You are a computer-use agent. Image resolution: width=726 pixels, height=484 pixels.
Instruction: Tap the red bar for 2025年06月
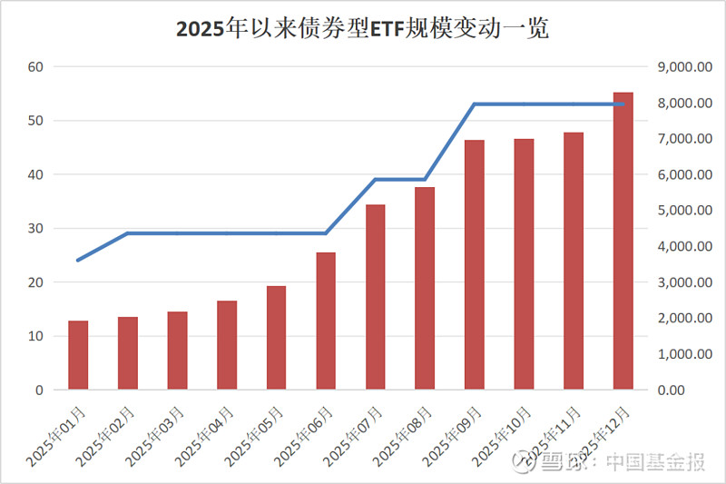tap(326, 321)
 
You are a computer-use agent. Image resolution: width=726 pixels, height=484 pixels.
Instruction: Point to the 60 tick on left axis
tap(35, 67)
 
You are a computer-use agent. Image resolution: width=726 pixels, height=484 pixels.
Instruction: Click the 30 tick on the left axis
tap(35, 229)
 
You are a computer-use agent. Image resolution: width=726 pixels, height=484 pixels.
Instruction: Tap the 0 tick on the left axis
tap(39, 390)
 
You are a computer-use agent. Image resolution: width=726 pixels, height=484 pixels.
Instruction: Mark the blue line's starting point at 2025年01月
tap(78, 261)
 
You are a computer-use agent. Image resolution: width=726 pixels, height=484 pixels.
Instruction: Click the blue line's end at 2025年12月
tap(623, 104)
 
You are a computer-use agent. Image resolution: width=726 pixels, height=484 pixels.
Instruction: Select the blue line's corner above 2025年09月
tap(475, 104)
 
